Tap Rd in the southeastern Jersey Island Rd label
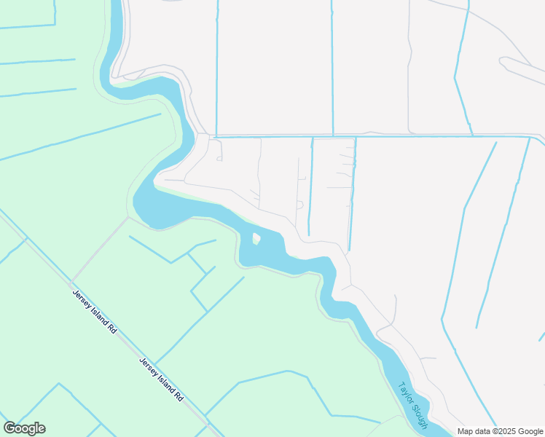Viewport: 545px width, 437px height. point(178,398)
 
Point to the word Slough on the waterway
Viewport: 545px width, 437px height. point(420,414)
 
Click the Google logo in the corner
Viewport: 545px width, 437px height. point(24,428)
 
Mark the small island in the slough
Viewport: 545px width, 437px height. point(256,238)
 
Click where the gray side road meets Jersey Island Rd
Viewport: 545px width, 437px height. point(71,282)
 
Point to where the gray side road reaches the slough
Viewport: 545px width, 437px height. point(128,216)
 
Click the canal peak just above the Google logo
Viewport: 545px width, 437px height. point(59,385)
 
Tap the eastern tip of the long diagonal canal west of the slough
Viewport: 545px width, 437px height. point(161,114)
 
